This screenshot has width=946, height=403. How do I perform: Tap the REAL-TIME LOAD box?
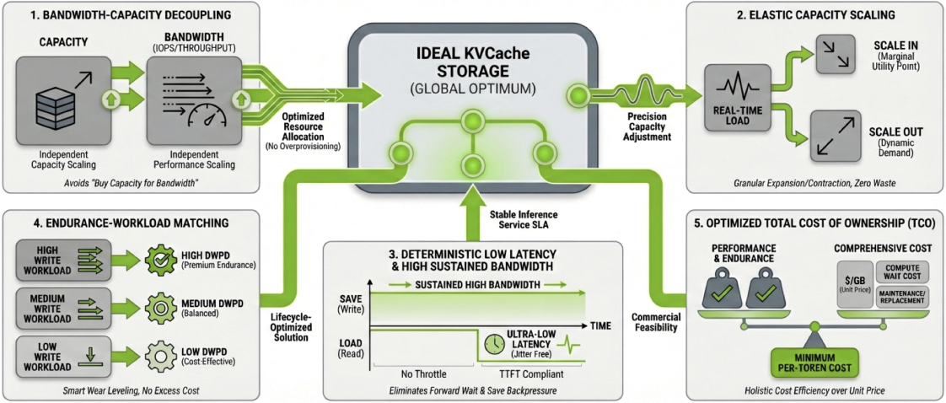coord(728,99)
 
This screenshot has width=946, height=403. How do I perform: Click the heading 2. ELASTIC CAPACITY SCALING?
coord(814,14)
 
